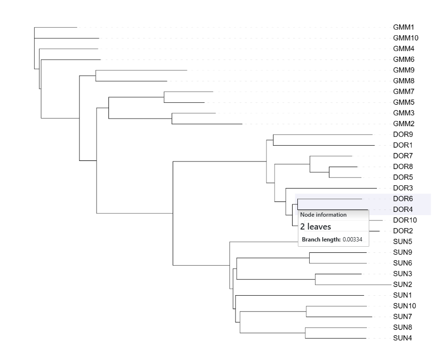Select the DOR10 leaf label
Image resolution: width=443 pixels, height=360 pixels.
(x=405, y=220)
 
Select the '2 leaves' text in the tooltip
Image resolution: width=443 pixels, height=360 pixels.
(x=315, y=227)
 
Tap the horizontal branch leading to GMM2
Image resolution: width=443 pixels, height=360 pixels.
(x=207, y=124)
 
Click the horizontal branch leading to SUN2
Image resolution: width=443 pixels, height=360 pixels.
(x=353, y=284)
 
